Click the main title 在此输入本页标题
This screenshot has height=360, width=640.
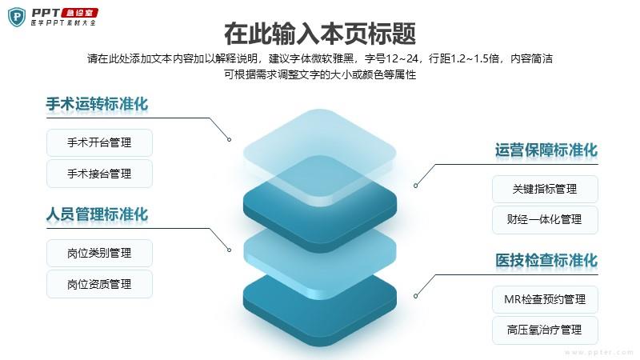(320, 34)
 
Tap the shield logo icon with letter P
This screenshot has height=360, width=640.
(17, 17)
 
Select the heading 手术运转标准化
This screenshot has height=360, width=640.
(97, 104)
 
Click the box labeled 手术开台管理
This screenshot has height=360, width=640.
(99, 142)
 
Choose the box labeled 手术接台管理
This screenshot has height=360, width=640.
(99, 174)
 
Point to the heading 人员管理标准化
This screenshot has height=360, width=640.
(97, 214)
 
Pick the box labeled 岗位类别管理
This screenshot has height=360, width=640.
(99, 253)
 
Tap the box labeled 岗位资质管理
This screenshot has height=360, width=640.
(99, 284)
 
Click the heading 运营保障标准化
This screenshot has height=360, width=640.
(546, 150)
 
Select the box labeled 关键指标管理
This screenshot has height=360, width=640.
(545, 189)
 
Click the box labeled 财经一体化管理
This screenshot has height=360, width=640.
(545, 219)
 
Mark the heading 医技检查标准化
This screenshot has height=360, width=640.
(546, 261)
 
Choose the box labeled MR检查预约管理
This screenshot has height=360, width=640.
(545, 299)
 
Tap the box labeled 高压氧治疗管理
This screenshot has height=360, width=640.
(545, 330)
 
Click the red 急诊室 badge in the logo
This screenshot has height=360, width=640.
(79, 13)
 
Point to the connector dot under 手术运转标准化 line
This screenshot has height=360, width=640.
(230, 139)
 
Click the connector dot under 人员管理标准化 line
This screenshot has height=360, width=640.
(230, 250)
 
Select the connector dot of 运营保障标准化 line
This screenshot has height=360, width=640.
(415, 186)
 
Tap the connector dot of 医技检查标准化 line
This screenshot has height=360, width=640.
(415, 296)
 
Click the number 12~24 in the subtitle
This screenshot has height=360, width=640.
(402, 58)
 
